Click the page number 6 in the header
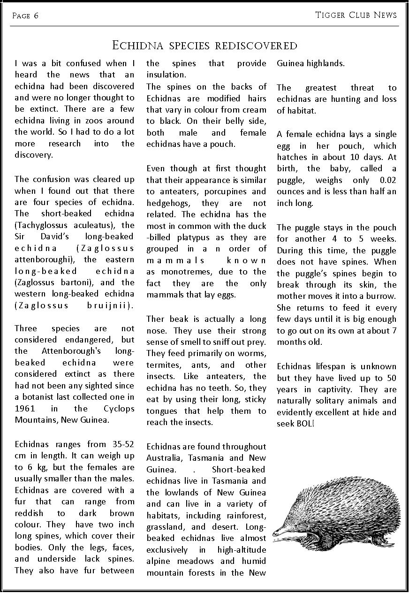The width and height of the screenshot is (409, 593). coord(36,16)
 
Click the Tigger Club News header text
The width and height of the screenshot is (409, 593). coord(356,15)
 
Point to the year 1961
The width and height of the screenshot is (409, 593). coord(25,409)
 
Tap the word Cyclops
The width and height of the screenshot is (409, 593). coord(119,409)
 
